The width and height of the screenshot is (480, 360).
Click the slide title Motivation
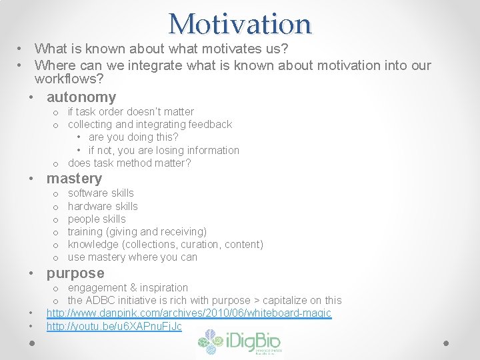click(x=240, y=23)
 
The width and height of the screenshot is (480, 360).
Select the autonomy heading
click(x=81, y=97)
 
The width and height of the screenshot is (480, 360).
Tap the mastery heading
click(x=74, y=179)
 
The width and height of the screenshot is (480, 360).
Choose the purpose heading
click(x=75, y=273)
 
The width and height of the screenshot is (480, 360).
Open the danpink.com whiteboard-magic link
click(x=189, y=313)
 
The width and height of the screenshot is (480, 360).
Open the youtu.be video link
click(x=114, y=327)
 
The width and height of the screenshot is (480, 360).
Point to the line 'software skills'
click(x=101, y=193)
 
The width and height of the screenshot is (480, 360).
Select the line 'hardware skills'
click(x=103, y=207)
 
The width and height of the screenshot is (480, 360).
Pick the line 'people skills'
click(x=97, y=219)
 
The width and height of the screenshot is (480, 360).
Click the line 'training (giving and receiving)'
click(x=137, y=232)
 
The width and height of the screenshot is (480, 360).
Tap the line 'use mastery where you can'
click(x=133, y=257)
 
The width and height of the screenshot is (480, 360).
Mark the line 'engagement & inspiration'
click(x=128, y=288)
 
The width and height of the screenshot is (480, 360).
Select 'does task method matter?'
click(x=129, y=163)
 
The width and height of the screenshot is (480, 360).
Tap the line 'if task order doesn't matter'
click(x=131, y=112)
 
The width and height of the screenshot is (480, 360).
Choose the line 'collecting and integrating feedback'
click(x=150, y=125)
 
